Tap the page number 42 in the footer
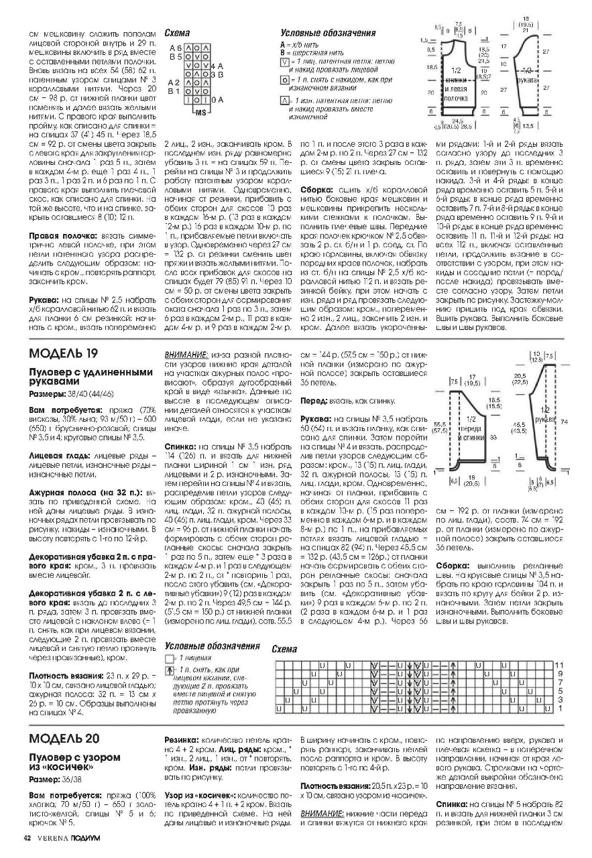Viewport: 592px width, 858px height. [x=27, y=839]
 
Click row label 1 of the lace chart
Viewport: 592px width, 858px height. [x=560, y=707]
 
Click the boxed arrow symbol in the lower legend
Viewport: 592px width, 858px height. [x=169, y=670]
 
